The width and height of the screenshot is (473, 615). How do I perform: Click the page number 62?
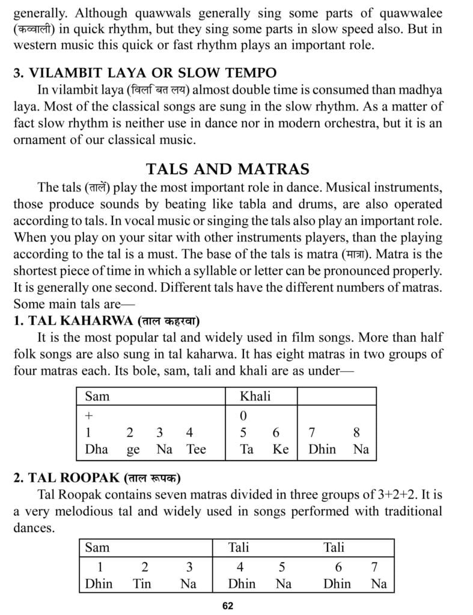227,605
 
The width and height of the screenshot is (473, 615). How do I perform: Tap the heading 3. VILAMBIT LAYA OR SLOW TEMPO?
145,73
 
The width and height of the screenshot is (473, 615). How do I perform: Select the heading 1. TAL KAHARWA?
106,320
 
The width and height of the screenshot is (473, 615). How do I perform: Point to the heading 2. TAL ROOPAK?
97,478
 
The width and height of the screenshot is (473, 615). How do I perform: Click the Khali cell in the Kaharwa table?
255,396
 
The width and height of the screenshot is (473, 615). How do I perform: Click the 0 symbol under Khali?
243,415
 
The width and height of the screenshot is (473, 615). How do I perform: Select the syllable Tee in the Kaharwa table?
196,449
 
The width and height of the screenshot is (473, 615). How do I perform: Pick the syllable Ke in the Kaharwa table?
281,449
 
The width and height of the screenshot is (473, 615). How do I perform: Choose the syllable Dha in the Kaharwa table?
96,449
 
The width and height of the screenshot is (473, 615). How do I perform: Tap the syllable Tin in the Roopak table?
142,583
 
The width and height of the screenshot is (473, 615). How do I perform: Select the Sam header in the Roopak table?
97,547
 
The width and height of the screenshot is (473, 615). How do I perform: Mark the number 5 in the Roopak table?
282,566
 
